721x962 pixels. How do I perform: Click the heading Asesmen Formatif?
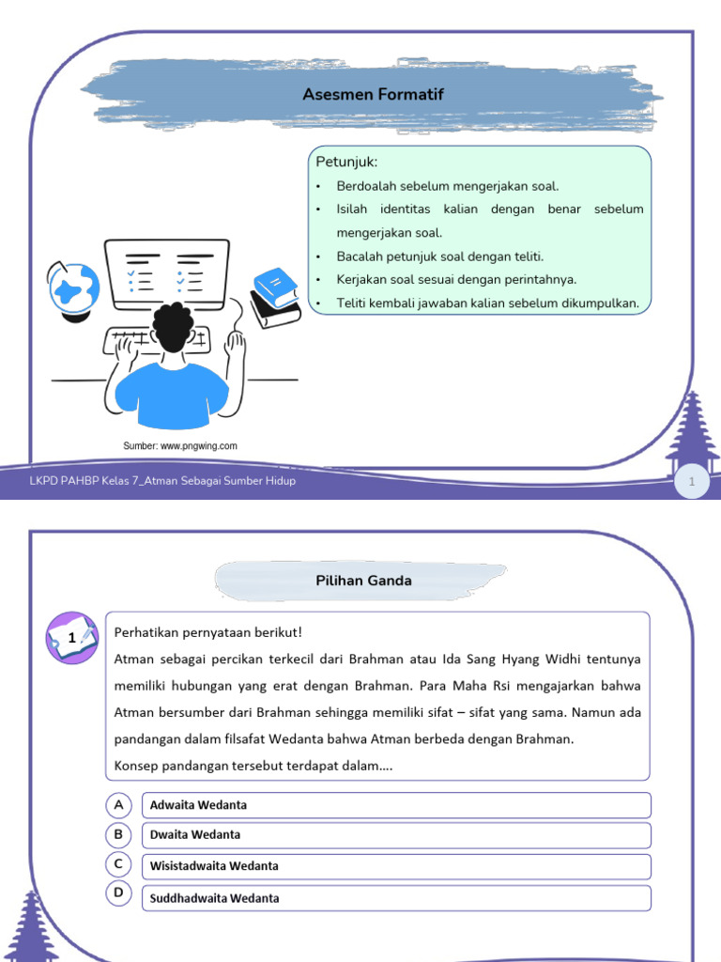click(x=373, y=94)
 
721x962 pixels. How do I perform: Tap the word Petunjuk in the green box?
click(x=346, y=163)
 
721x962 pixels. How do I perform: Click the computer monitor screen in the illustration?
click(x=167, y=272)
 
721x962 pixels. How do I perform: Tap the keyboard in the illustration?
click(x=169, y=340)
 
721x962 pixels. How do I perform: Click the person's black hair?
click(x=174, y=323)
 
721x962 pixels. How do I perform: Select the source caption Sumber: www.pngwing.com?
click(x=180, y=446)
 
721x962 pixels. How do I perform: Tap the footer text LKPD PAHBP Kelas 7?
click(x=162, y=481)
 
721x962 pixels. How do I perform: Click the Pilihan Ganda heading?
click(x=363, y=581)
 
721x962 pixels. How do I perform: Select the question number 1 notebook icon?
click(x=72, y=638)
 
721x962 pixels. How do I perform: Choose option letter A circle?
click(x=118, y=805)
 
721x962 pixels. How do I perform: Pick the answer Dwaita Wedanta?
click(x=195, y=834)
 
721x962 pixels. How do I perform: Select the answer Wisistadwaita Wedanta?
click(x=214, y=866)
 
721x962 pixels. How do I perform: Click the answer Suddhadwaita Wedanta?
click(x=215, y=898)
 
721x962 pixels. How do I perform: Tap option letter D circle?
click(x=118, y=892)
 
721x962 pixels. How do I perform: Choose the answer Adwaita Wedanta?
click(x=199, y=805)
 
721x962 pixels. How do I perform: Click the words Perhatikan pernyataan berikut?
click(x=208, y=632)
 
